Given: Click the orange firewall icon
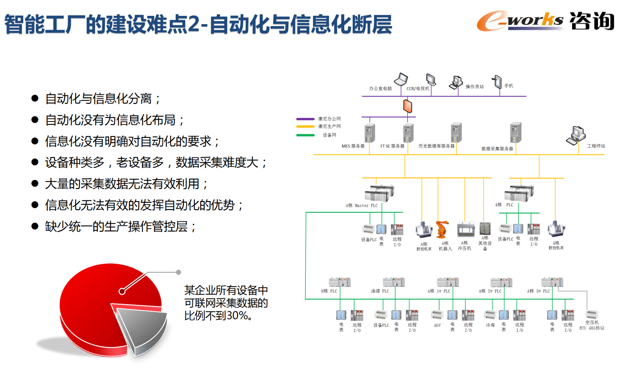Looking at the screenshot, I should pos(408,106).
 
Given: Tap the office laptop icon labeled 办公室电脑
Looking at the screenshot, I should pos(401,79).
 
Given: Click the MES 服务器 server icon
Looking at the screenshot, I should pos(370,133).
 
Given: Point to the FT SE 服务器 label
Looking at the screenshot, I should pos(392,146).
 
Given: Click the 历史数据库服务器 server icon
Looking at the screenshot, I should pos(456,133).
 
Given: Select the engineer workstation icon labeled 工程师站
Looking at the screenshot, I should pos(576,135).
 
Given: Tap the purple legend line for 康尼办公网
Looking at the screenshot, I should pos(305,119).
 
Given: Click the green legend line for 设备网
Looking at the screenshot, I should pos(305,135).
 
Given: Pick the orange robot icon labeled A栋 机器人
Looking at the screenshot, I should pos(442,229).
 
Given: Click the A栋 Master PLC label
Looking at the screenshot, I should pos(362,206).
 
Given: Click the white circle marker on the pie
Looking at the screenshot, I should pos(122,291).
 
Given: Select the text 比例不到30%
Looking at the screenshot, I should pos(218,316).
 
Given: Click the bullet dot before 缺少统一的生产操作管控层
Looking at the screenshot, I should pos(35,226).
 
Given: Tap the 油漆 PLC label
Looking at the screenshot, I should pos(380,291).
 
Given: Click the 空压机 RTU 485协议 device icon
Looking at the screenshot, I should pos(592,315).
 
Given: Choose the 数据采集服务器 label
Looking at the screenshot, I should pos(497,149).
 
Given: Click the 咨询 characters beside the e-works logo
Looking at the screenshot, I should pos(592,21).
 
